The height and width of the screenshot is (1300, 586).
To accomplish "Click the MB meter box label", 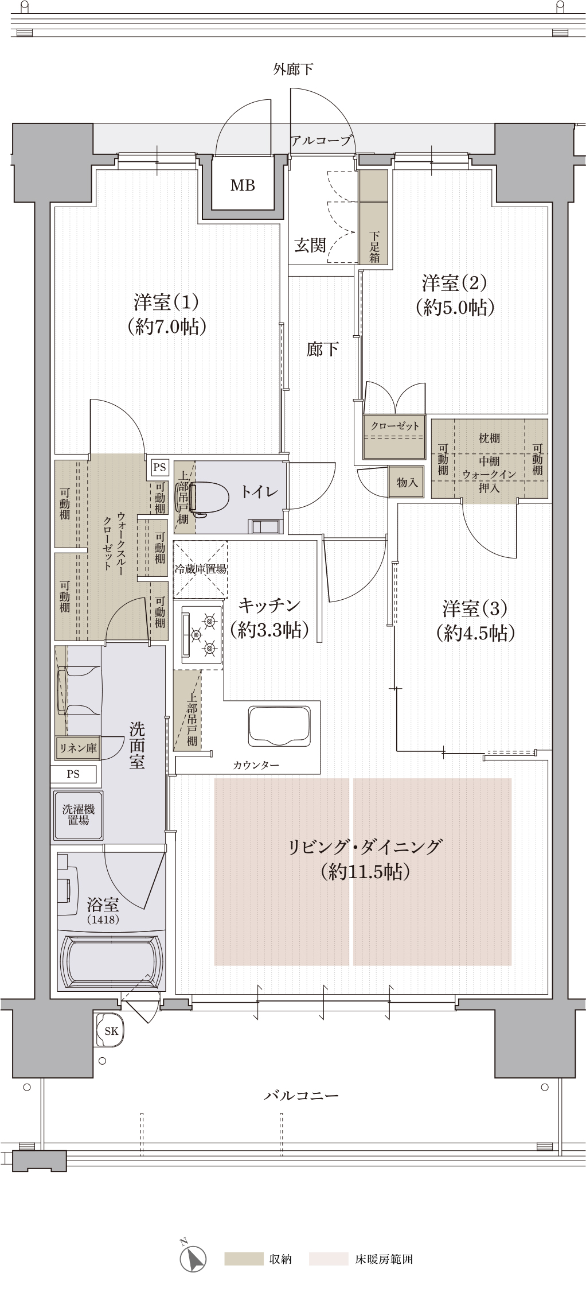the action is click(x=243, y=185).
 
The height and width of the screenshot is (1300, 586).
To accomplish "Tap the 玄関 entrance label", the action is click(x=310, y=246).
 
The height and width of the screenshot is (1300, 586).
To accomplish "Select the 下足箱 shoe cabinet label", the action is click(x=374, y=246).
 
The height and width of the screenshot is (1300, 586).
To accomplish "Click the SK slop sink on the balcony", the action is click(x=111, y=1030).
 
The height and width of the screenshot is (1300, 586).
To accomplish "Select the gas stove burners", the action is click(x=201, y=635).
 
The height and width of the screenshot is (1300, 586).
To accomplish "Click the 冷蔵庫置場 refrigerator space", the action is click(x=200, y=569).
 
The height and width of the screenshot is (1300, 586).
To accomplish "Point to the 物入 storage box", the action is click(x=407, y=482).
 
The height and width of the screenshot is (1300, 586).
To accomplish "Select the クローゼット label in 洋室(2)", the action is click(x=395, y=426).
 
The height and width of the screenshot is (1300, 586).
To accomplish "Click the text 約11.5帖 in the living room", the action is click(x=366, y=872).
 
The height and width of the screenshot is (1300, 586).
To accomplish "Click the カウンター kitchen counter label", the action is click(x=256, y=766).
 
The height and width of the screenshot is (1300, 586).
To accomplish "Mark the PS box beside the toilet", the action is click(x=159, y=467).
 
